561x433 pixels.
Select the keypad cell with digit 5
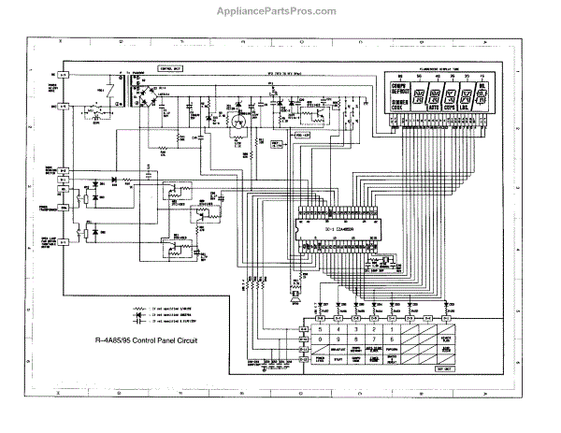tap(324, 330)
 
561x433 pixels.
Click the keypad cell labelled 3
tap(353, 330)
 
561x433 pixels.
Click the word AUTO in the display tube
tap(435, 108)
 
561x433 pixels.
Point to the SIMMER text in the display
tap(398, 102)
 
